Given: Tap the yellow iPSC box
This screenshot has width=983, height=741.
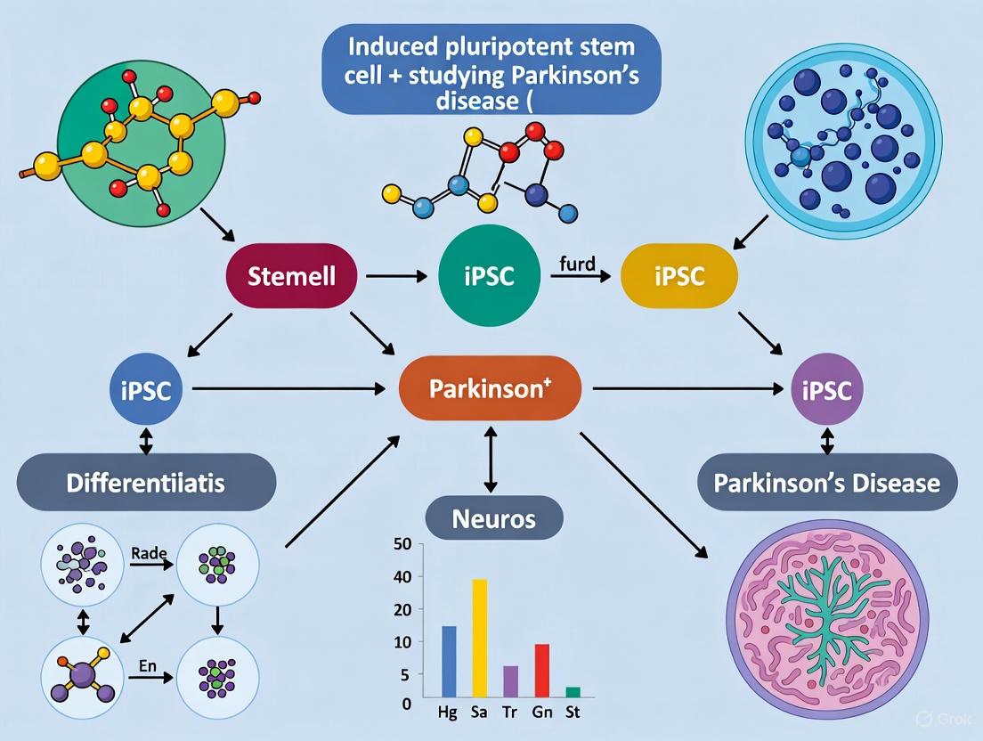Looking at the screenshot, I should (x=678, y=276).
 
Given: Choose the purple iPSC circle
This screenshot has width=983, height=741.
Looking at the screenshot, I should (x=826, y=389).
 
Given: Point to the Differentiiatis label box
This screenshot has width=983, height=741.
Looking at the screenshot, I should (x=147, y=484).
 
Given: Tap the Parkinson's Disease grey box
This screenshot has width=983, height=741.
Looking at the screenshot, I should (x=827, y=484).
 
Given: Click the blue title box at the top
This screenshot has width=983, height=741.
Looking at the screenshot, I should (x=492, y=69).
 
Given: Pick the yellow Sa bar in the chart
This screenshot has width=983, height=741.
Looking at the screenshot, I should (x=480, y=638).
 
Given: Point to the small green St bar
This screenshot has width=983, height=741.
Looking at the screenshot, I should (x=573, y=691).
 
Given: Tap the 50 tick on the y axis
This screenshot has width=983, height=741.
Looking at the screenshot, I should (x=402, y=544).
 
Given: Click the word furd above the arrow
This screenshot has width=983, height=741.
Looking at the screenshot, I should (x=577, y=265).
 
